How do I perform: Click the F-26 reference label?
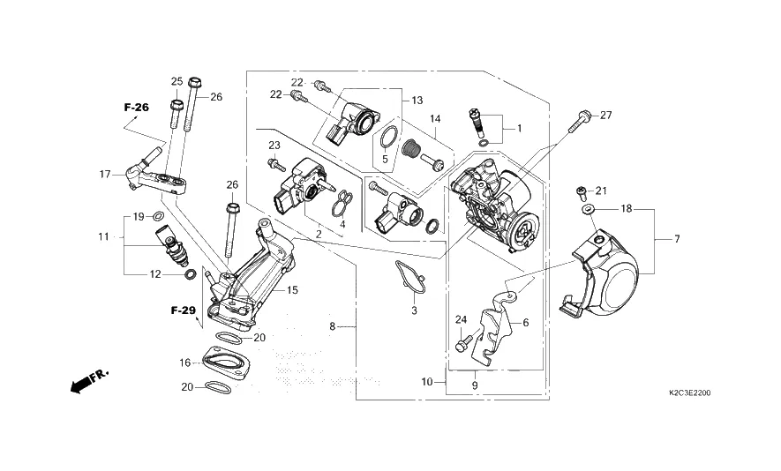pyautogui.click(x=137, y=107)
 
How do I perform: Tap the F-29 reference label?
pyautogui.click(x=184, y=310)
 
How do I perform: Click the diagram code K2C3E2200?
pyautogui.click(x=690, y=393)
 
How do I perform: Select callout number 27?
pyautogui.click(x=605, y=115)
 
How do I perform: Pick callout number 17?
pyautogui.click(x=105, y=175)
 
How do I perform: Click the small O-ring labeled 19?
pyautogui.click(x=158, y=216)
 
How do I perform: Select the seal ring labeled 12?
pyautogui.click(x=190, y=274)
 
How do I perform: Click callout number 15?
pyautogui.click(x=292, y=290)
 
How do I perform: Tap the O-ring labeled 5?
pyautogui.click(x=388, y=137)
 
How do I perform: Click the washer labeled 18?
pyautogui.click(x=587, y=207)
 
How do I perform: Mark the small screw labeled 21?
pyautogui.click(x=581, y=192)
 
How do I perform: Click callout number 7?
pyautogui.click(x=677, y=240)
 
